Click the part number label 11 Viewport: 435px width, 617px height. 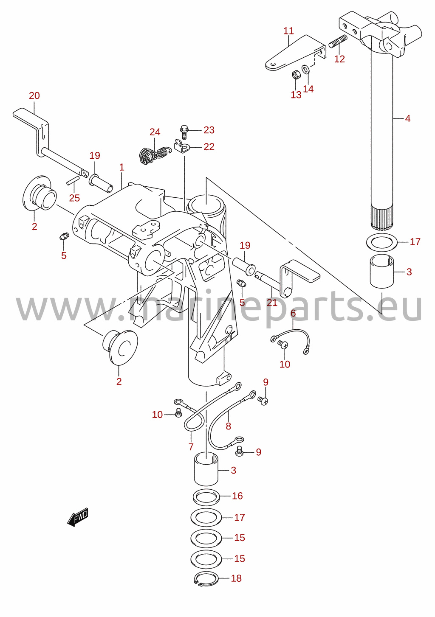288,31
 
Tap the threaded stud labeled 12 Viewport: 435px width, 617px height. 338,41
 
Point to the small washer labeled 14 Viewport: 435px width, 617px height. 305,70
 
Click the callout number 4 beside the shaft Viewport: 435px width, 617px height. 408,119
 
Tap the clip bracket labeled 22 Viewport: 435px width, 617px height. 182,146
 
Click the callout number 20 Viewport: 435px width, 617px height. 34,95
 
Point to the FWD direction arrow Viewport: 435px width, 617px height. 78,517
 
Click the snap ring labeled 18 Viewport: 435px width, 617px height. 206,579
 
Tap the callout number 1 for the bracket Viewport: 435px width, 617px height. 121,167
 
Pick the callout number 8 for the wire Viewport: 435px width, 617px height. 228,426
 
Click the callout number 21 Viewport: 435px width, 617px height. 272,303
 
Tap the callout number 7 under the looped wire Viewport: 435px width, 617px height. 191,446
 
